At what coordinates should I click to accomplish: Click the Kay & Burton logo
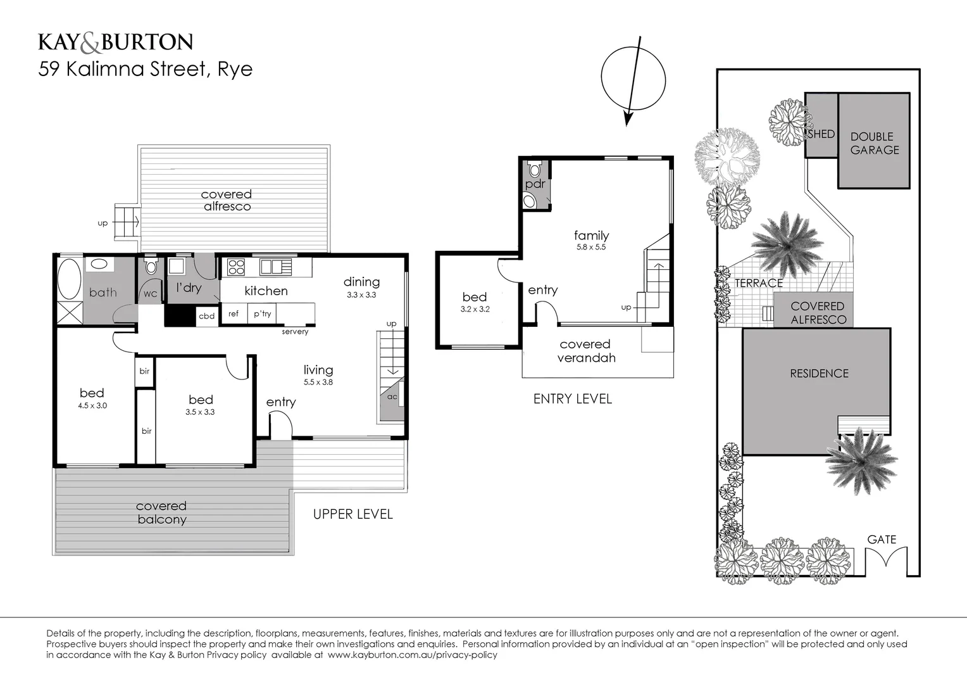(x=115, y=42)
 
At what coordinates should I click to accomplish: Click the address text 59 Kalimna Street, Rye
(x=145, y=68)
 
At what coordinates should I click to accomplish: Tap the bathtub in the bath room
(x=69, y=279)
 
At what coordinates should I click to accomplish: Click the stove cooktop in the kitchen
(x=236, y=267)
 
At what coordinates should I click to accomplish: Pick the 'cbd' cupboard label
(x=206, y=316)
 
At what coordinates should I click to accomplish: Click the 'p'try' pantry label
(x=262, y=313)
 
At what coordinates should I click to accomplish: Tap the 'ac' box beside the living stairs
(x=392, y=397)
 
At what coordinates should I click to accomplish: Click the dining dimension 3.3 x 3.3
(x=361, y=295)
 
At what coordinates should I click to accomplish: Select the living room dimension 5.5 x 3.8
(x=318, y=383)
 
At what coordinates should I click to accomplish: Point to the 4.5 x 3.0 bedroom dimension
(x=92, y=405)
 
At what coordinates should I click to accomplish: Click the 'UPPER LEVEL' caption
(x=352, y=514)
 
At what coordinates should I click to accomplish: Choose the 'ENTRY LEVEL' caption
(x=572, y=399)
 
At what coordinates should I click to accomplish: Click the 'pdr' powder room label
(x=535, y=184)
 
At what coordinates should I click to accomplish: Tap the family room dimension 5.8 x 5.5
(x=591, y=248)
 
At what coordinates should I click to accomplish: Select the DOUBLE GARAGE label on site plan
(x=874, y=143)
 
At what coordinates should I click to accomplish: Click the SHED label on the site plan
(x=821, y=134)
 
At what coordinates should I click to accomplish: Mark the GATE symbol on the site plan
(x=885, y=558)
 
